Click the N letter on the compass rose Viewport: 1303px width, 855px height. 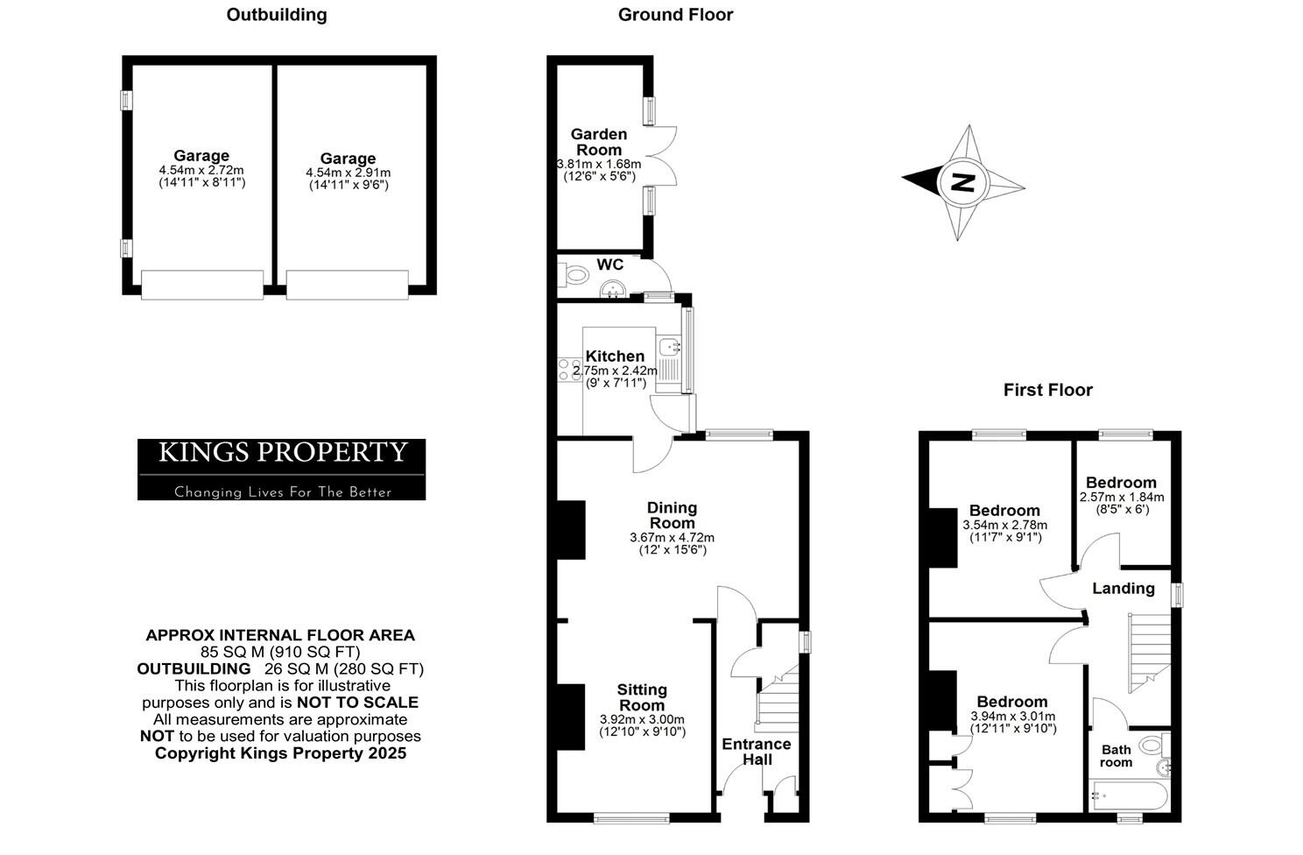pyautogui.click(x=962, y=183)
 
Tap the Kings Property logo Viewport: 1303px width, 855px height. pyautogui.click(x=281, y=469)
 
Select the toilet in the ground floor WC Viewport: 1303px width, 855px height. pyautogui.click(x=574, y=276)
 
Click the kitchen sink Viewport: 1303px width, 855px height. pyautogui.click(x=670, y=347)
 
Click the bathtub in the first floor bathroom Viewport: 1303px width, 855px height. pyautogui.click(x=1128, y=797)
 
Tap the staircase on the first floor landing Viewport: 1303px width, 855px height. pyautogui.click(x=1148, y=653)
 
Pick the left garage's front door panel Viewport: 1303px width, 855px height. pyautogui.click(x=202, y=285)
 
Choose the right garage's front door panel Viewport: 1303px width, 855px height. pyautogui.click(x=347, y=285)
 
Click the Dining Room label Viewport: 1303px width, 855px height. pyautogui.click(x=672, y=515)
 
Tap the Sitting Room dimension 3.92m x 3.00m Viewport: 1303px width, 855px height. pyautogui.click(x=642, y=720)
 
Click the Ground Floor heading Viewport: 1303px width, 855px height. pyautogui.click(x=675, y=15)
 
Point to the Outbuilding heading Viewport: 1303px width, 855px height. pyautogui.click(x=277, y=15)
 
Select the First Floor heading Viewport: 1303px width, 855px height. pyautogui.click(x=1047, y=390)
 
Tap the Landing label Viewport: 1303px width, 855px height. pyautogui.click(x=1123, y=589)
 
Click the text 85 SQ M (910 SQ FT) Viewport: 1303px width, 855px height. pyautogui.click(x=280, y=652)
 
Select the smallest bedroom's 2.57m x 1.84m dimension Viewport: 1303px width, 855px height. pyautogui.click(x=1121, y=497)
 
